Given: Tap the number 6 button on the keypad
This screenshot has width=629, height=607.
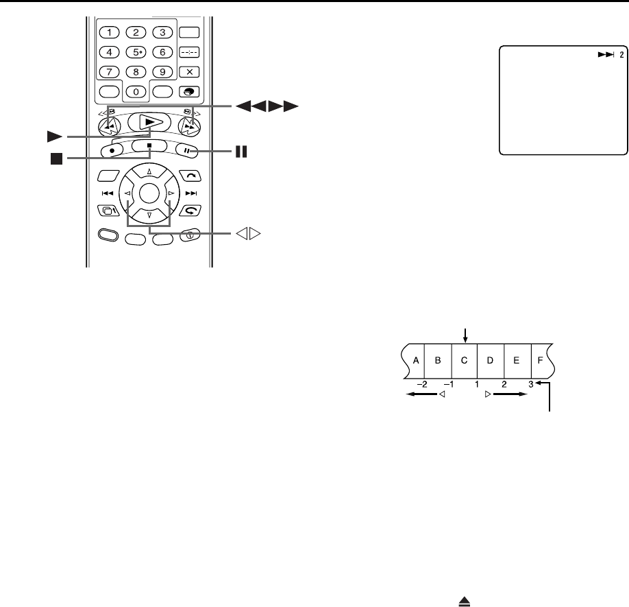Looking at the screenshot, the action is tap(162, 51).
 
